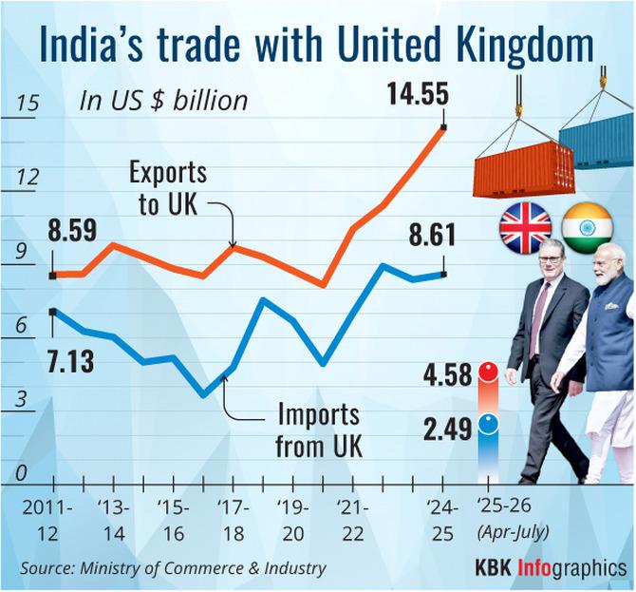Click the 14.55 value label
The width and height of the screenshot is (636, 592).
[x=416, y=94]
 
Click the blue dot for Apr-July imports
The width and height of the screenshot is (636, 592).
[x=489, y=424]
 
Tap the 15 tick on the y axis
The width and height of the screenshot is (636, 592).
[x=28, y=105]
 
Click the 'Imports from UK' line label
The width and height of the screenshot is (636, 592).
[x=317, y=429]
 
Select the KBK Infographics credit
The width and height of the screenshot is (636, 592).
[x=551, y=568]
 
